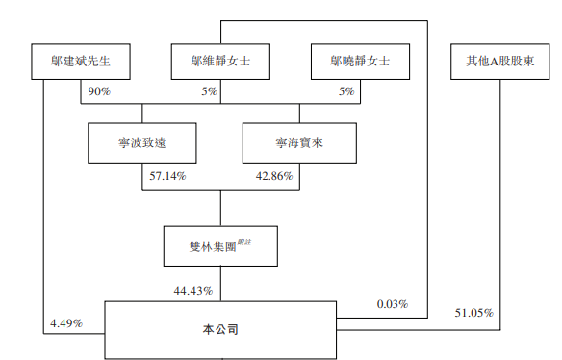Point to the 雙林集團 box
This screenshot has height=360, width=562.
(220, 246)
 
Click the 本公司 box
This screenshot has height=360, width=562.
(220, 329)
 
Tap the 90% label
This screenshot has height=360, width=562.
(98, 91)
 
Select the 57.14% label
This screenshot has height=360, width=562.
(167, 177)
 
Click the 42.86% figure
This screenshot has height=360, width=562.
(274, 177)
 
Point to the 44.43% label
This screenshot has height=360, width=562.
(193, 290)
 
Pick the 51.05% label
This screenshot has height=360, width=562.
(473, 314)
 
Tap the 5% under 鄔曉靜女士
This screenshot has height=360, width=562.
(347, 91)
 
